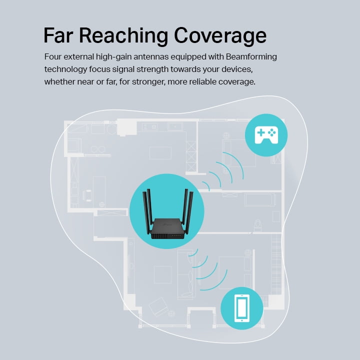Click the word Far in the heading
58,35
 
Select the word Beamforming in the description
251,57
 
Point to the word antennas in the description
151,56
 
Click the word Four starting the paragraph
53,56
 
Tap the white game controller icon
266,135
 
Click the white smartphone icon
242,308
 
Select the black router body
167,229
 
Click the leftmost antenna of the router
146,212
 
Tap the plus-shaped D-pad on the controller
261,132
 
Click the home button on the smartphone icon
242,320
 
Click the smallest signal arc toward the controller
207,185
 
